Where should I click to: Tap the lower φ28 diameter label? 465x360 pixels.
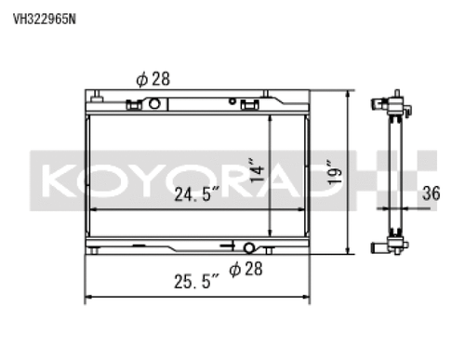coord(246,269)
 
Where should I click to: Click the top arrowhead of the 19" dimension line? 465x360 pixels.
coord(349,93)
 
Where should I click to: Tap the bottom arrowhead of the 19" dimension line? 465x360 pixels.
coord(349,251)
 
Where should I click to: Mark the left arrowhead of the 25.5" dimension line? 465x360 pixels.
coord(88,299)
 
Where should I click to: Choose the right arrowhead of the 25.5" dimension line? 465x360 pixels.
coord(309,299)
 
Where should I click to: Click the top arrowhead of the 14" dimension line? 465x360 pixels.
coord(268,119)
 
